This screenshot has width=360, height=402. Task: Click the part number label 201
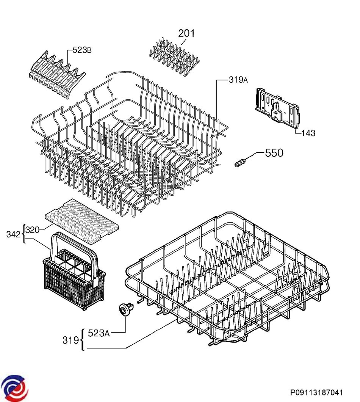(x=186, y=33)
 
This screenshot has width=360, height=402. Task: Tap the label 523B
(x=82, y=50)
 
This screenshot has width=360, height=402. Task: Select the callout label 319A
(x=238, y=80)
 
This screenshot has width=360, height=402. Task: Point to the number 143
(x=308, y=133)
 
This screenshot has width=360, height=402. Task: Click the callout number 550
(x=274, y=153)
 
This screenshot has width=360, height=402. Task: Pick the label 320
(x=33, y=230)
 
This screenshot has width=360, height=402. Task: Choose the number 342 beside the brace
(x=13, y=234)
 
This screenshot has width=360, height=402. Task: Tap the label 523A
(x=99, y=333)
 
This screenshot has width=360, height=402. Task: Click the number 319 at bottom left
(x=71, y=341)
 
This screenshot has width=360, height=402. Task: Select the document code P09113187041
(x=316, y=393)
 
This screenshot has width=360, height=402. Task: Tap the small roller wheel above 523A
(x=126, y=309)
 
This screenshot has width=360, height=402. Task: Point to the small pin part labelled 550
(x=240, y=163)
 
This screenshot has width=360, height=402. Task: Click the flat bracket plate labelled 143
(x=277, y=108)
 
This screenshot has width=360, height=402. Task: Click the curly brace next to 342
(x=24, y=234)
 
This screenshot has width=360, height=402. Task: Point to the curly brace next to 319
(x=82, y=340)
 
